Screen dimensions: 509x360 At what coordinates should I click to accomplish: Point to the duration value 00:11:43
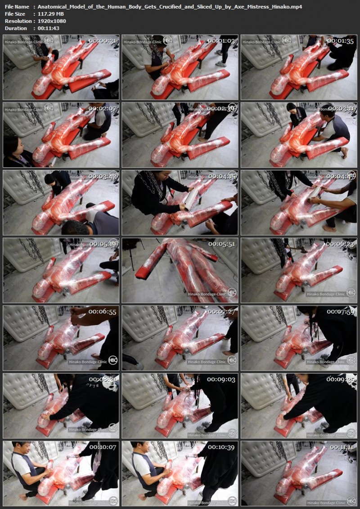(48, 28)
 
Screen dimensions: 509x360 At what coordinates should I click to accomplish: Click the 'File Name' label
(17, 7)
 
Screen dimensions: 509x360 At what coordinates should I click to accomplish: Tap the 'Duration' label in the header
(16, 28)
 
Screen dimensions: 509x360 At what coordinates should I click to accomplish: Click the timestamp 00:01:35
(341, 40)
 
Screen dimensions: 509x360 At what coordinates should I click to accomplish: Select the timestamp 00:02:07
(103, 108)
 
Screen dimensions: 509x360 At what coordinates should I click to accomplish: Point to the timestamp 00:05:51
(222, 244)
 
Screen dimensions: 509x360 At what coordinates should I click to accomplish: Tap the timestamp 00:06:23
(341, 244)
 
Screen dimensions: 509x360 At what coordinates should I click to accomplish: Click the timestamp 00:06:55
(103, 311)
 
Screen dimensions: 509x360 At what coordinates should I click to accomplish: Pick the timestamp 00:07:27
(222, 311)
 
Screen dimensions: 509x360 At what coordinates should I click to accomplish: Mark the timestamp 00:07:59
(341, 311)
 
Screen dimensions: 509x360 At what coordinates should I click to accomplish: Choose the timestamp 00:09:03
(222, 379)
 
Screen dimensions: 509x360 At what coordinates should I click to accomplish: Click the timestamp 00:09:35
(341, 379)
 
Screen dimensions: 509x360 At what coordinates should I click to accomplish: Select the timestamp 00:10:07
(103, 447)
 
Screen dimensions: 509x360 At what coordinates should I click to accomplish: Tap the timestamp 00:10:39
(222, 447)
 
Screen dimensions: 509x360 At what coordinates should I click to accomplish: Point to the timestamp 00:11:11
(341, 447)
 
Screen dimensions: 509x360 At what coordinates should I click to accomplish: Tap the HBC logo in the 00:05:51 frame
(232, 292)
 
